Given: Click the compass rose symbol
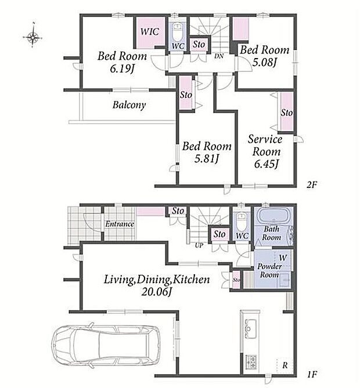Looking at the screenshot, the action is (33, 37).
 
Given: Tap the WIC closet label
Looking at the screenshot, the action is (150, 32).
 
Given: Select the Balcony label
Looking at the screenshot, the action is (129, 105).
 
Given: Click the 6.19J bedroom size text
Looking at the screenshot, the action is (122, 69).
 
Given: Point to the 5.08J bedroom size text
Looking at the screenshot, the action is (264, 62).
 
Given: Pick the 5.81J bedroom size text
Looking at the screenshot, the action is (207, 159).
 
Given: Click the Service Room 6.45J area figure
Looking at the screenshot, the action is (267, 164).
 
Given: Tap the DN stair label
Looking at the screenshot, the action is (219, 56).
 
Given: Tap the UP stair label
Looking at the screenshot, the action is (199, 245).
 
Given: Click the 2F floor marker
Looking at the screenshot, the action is (312, 184).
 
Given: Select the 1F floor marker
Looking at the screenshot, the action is (312, 375).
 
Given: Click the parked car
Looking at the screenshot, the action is (106, 346).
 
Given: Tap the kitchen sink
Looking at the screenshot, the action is (250, 329).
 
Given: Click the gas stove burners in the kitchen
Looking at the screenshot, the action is (251, 361).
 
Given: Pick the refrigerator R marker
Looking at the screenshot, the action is (285, 365).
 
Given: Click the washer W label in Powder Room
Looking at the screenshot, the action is (283, 258).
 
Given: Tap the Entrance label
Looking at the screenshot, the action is (120, 224).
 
